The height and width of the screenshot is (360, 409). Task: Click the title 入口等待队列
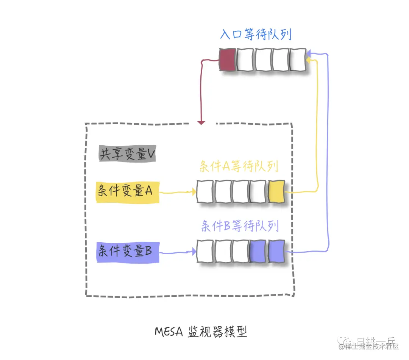pyautogui.click(x=256, y=35)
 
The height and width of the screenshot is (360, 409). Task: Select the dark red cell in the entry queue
pyautogui.click(x=228, y=60)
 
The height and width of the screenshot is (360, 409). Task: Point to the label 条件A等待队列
pyautogui.click(x=239, y=167)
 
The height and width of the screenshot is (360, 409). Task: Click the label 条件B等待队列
pyautogui.click(x=240, y=226)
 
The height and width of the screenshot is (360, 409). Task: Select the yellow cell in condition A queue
pyautogui.click(x=276, y=192)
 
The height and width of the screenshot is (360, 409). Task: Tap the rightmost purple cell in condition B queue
pyautogui.click(x=276, y=251)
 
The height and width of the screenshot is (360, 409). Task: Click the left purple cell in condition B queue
pyautogui.click(x=258, y=251)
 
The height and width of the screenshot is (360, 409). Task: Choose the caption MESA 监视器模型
pyautogui.click(x=201, y=332)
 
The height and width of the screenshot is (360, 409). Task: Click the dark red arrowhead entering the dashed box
pyautogui.click(x=201, y=122)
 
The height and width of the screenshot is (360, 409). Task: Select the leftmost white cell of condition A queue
pyautogui.click(x=205, y=192)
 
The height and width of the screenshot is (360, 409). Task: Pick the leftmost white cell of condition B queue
pyautogui.click(x=205, y=251)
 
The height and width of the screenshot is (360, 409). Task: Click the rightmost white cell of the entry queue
pyautogui.click(x=298, y=60)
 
